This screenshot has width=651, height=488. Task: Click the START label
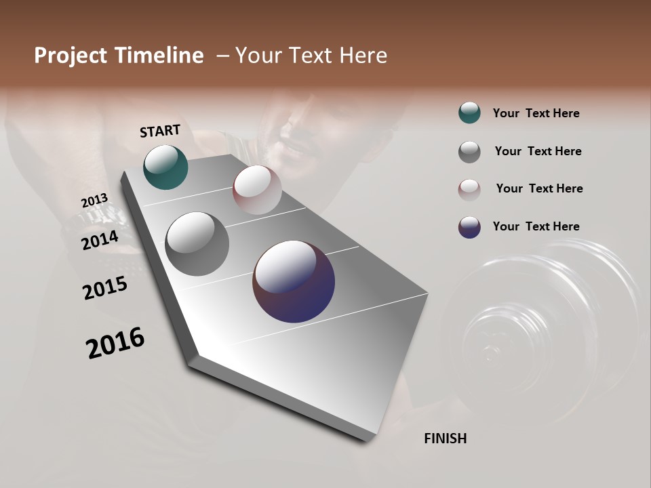tap(160, 131)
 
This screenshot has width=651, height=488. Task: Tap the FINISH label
tap(445, 439)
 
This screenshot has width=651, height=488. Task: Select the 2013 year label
tap(94, 201)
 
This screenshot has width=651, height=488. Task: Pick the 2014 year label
tap(100, 240)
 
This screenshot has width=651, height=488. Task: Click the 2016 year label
tap(115, 343)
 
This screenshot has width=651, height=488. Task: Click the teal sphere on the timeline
tap(165, 167)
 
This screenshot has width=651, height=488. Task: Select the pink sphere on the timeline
tap(257, 189)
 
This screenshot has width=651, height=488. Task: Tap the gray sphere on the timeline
tap(197, 244)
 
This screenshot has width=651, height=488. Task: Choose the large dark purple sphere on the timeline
tap(294, 281)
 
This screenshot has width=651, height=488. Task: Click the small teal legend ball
tap(469, 113)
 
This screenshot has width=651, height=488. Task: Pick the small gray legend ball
tap(469, 152)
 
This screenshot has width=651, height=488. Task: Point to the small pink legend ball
tap(469, 190)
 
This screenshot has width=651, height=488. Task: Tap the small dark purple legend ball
tap(469, 227)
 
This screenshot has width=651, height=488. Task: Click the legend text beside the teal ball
tap(536, 113)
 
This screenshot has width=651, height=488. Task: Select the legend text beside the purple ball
tap(536, 226)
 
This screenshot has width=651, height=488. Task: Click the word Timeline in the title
tap(159, 56)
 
